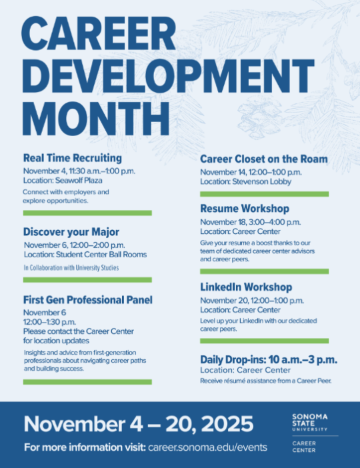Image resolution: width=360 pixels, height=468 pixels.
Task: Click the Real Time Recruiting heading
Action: (x=72, y=158)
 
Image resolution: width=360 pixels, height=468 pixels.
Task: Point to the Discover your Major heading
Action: (x=71, y=232)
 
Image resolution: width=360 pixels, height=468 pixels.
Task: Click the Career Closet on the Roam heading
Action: (x=264, y=159)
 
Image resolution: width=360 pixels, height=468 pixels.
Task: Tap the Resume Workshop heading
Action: (x=245, y=209)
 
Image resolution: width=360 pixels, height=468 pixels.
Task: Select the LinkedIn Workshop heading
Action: (x=246, y=287)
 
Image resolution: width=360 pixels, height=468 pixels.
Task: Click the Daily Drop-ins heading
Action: (x=268, y=359)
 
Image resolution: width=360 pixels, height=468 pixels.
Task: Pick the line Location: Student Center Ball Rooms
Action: (x=85, y=255)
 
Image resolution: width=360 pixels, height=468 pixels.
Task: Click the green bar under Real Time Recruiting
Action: (x=87, y=213)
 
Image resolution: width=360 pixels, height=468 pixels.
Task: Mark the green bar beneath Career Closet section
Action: (x=264, y=194)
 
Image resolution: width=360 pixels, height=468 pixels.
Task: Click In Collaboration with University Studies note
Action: (x=71, y=268)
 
